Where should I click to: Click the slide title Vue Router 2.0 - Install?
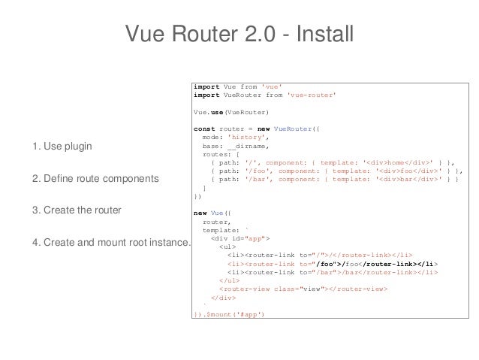click(239, 34)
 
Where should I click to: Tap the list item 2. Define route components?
click(95, 179)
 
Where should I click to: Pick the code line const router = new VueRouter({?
click(256, 129)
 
